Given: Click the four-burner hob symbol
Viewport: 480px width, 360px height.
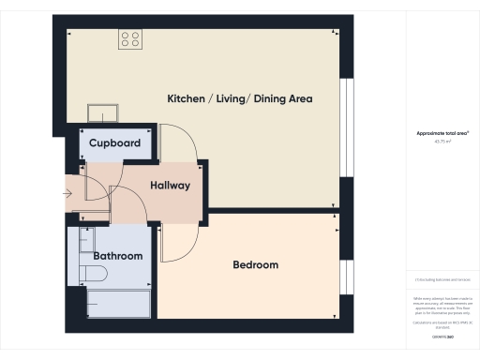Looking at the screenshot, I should click(130, 39).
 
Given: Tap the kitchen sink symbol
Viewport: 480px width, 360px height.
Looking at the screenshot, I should click(103, 114).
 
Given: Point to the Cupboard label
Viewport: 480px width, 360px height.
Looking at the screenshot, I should click(114, 143).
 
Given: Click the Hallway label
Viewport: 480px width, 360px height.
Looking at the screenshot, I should click(170, 186).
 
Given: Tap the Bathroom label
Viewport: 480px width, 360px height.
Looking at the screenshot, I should click(117, 256).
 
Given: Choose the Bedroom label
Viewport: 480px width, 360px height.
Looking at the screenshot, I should click(255, 265).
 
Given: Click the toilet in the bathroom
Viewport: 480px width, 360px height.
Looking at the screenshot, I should click(94, 273).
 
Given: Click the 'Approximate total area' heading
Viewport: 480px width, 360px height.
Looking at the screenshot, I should click(442, 134).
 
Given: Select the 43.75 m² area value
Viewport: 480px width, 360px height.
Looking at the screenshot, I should click(442, 142).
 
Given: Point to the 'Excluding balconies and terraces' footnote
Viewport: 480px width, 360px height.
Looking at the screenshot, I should click(442, 279).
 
